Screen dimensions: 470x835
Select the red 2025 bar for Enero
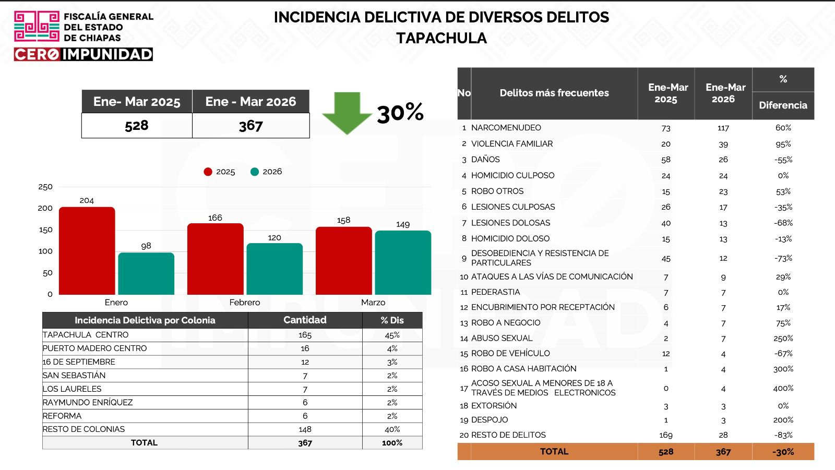click(87, 250)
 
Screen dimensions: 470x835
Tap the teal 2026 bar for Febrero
click(275, 269)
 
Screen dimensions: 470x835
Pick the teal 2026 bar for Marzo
click(403, 262)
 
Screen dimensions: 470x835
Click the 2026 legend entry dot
click(255, 172)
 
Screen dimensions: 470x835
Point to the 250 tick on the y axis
click(45, 187)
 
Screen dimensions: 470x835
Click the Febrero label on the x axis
click(244, 303)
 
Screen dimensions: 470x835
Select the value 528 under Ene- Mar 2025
click(137, 126)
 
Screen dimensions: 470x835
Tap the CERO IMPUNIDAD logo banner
click(83, 54)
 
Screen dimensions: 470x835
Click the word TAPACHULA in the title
click(441, 38)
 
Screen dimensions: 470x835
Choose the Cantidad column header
click(305, 320)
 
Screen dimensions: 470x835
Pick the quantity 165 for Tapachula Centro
click(305, 335)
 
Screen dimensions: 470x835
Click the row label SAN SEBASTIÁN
click(74, 376)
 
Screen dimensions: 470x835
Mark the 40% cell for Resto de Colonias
click(392, 429)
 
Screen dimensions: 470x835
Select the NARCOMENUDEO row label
click(506, 128)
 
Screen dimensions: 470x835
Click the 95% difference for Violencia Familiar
click(783, 144)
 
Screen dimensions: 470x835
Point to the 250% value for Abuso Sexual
click(783, 339)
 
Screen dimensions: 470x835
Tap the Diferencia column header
click(783, 105)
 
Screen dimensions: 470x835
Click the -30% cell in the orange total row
click(783, 452)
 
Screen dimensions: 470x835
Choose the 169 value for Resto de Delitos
click(666, 435)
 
